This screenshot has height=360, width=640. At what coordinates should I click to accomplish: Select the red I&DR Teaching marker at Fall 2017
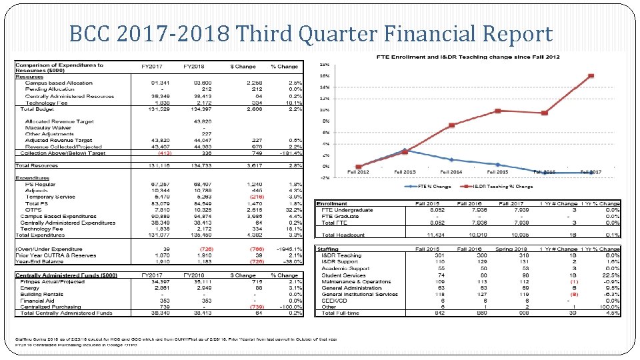click(591, 76)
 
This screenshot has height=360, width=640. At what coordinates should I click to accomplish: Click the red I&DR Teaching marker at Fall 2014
click(451, 125)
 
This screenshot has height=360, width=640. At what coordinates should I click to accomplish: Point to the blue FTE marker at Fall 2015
click(497, 164)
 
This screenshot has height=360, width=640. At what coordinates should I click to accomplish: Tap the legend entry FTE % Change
click(435, 187)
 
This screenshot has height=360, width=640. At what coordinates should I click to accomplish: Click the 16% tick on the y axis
click(324, 76)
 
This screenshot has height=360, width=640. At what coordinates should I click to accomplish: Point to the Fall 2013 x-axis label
click(405, 172)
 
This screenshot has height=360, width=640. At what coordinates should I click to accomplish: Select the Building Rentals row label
click(42, 294)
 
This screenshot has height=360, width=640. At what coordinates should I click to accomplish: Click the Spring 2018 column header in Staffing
click(515, 249)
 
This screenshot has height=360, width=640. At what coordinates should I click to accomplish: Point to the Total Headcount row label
click(343, 235)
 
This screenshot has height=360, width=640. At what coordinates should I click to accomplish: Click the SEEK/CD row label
click(334, 300)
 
